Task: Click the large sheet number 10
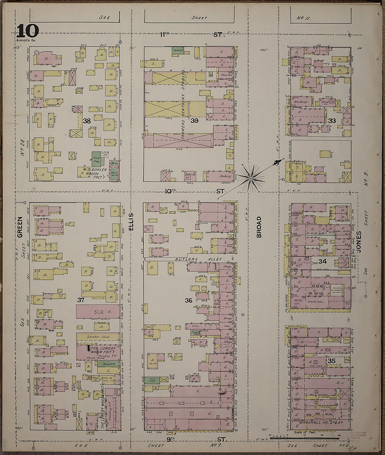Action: (x=27, y=32)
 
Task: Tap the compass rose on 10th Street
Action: (x=251, y=178)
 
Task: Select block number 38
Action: (x=87, y=121)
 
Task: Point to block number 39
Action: (x=195, y=121)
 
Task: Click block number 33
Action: (x=332, y=121)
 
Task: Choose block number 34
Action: (x=322, y=261)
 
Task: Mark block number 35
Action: (x=331, y=360)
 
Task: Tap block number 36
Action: (x=189, y=300)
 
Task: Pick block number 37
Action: (x=81, y=300)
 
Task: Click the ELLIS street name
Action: (x=131, y=221)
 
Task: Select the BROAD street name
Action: (x=259, y=227)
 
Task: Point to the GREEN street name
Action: (x=20, y=227)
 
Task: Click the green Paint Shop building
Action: (x=96, y=159)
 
